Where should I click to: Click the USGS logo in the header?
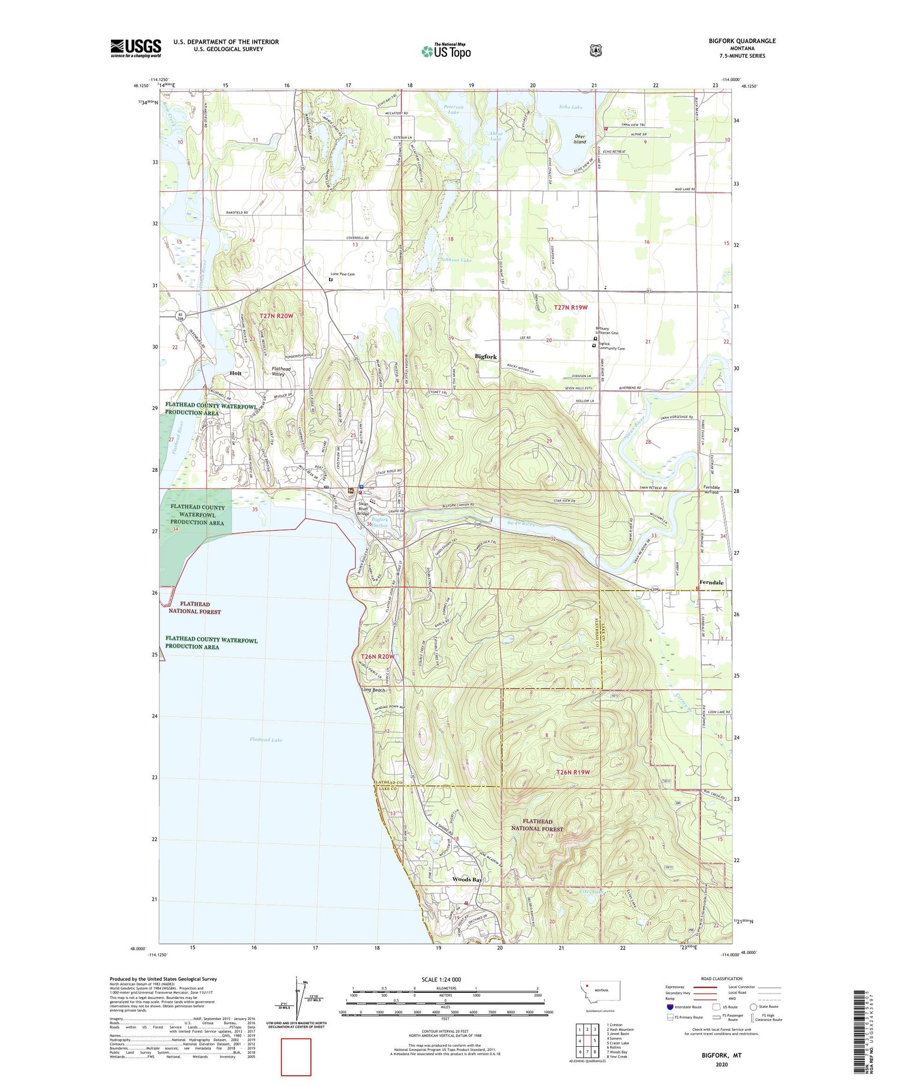click(135, 48)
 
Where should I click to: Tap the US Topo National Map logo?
click(446, 50)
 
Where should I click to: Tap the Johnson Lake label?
click(455, 260)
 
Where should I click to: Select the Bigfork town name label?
click(485, 357)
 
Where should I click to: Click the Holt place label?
click(236, 373)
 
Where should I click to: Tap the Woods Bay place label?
click(467, 880)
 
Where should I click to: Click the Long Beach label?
click(373, 689)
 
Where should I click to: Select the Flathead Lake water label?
click(266, 740)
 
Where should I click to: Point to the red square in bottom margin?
click(296, 1057)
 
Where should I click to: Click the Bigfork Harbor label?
click(380, 523)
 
